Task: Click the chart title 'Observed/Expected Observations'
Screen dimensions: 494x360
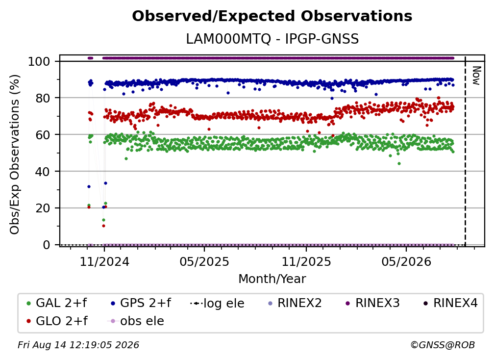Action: tap(272, 16)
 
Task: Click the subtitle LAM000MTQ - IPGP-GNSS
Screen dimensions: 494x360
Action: tap(272, 39)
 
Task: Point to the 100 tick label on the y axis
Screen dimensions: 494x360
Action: tap(39, 61)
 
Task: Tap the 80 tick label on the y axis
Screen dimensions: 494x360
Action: tap(43, 98)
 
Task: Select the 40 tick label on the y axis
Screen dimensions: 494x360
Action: tap(43, 172)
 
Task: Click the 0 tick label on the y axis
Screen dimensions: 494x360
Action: tap(47, 245)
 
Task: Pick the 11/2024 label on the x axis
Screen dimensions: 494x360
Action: tap(104, 261)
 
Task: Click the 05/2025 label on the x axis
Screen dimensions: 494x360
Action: tap(204, 261)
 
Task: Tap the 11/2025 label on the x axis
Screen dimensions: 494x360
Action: tap(306, 261)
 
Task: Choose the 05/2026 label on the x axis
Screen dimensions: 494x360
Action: tap(406, 261)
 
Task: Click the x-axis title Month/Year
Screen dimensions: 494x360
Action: tap(272, 279)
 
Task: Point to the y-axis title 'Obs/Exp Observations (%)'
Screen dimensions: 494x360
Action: tap(15, 154)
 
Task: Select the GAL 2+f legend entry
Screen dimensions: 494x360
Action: tap(57, 303)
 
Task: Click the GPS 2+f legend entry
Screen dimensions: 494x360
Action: tap(141, 303)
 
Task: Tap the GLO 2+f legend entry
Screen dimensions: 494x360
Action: tap(57, 321)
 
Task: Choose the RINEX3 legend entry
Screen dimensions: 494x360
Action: tap(372, 303)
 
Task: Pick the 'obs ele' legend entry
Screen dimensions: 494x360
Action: tap(136, 321)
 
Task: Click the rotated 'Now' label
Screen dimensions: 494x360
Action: tap(476, 76)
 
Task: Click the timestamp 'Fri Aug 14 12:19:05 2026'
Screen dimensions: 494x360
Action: tap(78, 345)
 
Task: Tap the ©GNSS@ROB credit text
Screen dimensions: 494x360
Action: tap(443, 345)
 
